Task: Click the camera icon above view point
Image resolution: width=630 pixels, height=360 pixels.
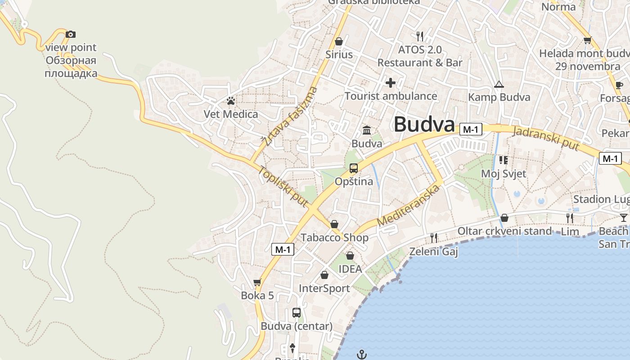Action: (70, 34)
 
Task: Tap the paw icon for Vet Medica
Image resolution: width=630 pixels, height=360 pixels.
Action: (231, 100)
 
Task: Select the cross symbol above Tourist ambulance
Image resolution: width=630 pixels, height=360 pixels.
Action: (391, 83)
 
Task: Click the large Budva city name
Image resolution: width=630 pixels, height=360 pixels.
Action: (424, 125)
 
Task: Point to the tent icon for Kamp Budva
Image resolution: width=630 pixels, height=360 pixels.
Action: (499, 84)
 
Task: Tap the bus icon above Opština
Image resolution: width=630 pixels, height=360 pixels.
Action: (354, 168)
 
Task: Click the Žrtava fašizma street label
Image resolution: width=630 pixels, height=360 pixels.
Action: (291, 116)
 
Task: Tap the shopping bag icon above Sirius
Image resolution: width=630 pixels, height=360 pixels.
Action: (339, 41)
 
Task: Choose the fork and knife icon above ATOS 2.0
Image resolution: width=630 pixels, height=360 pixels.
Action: (420, 36)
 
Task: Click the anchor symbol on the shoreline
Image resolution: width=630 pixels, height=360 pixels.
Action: (362, 355)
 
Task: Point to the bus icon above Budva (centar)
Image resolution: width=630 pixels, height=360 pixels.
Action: (297, 312)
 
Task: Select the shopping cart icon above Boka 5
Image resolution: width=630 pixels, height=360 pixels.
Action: (257, 283)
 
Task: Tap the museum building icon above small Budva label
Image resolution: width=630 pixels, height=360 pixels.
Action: (367, 130)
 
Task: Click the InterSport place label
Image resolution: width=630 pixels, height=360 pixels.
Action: (324, 288)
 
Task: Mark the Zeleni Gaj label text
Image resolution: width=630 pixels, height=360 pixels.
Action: (433, 252)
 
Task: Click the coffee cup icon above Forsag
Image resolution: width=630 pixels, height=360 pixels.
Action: (619, 85)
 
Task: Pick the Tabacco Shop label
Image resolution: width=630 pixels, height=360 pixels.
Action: (334, 238)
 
